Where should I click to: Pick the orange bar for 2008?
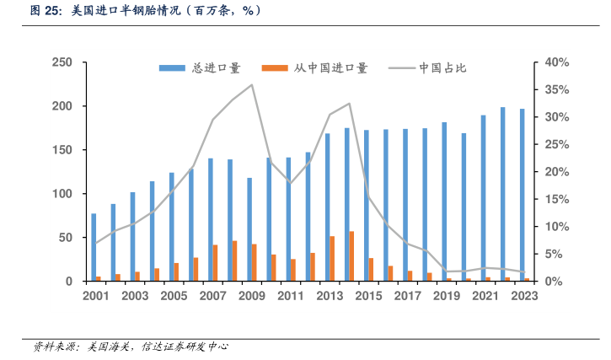(x=235, y=261)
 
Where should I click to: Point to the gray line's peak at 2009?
(x=252, y=84)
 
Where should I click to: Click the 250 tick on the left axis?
(x=62, y=62)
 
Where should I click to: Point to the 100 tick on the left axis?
(x=62, y=194)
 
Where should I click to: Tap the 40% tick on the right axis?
(x=558, y=62)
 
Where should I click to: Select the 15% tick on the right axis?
(x=558, y=199)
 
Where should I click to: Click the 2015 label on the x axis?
(x=368, y=296)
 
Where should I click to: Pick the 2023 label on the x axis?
(x=524, y=296)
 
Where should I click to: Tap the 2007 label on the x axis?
(x=212, y=296)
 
